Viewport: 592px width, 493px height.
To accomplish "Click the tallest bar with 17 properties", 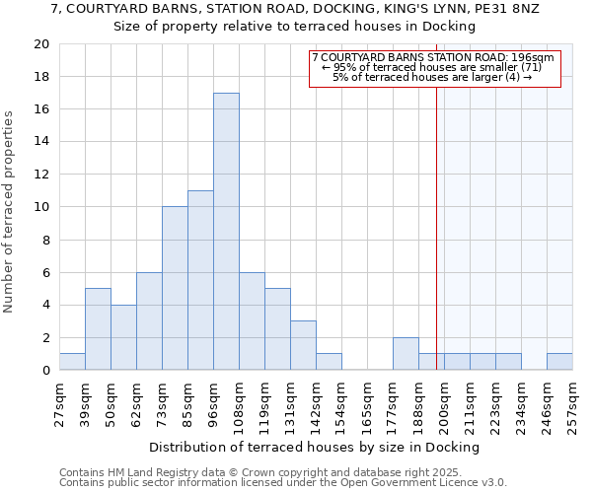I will [226, 232].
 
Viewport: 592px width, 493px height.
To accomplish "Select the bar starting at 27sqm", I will [72, 362].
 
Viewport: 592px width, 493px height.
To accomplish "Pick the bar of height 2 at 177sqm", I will [406, 354].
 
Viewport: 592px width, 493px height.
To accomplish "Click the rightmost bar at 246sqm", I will [559, 362].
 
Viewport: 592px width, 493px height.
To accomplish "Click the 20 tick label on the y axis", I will [40, 44].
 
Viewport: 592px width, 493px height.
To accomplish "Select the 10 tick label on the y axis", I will [40, 207].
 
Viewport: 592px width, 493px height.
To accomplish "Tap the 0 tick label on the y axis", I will [45, 371].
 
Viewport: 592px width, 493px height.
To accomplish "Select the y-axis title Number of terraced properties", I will [9, 212].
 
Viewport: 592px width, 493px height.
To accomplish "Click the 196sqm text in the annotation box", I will [534, 58].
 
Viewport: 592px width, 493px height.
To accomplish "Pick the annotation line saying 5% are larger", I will [432, 77].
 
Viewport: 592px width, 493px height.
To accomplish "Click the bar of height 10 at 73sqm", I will [175, 289].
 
